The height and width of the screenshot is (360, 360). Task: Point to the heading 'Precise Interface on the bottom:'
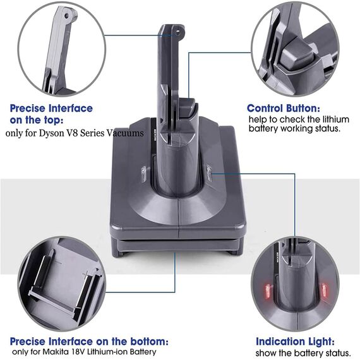click(89, 340)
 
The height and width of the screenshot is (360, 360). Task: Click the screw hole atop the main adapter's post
click(179, 30)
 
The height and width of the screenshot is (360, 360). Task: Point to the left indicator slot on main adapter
click(143, 171)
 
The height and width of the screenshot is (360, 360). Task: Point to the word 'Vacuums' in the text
click(126, 133)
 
